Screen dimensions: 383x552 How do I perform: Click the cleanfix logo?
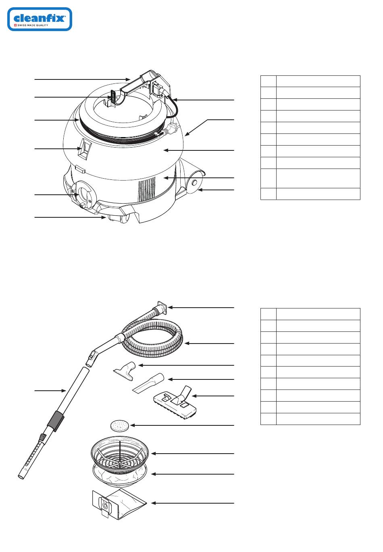[x=40, y=19]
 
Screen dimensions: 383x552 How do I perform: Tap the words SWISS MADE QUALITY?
[x=33, y=25]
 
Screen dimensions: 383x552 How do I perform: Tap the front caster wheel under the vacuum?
[x=125, y=218]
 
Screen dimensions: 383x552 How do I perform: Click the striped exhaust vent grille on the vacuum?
[x=146, y=189]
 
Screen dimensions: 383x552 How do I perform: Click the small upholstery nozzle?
[x=125, y=370]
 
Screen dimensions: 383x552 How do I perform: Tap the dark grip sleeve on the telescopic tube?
[x=56, y=421]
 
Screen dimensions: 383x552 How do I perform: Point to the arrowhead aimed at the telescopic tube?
[x=64, y=390]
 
